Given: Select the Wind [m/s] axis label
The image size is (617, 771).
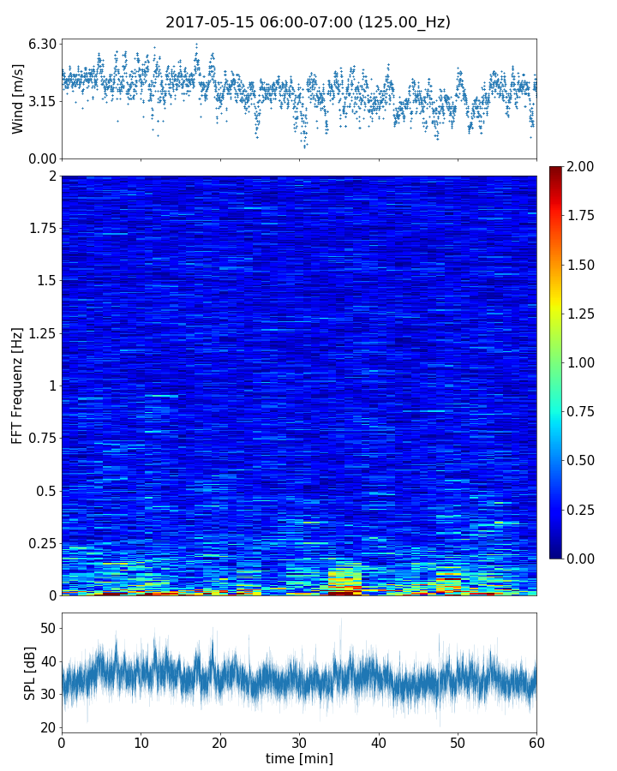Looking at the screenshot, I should pyautogui.click(x=18, y=99).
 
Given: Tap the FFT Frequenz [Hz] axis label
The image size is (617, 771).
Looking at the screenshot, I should pyautogui.click(x=18, y=385).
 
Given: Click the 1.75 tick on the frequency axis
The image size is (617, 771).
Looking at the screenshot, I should pyautogui.click(x=41, y=229).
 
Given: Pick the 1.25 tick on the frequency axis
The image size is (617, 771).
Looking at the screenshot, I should pyautogui.click(x=41, y=333).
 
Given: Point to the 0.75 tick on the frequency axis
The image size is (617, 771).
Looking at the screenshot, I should pyautogui.click(x=41, y=439).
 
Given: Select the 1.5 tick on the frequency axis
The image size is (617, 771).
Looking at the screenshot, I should pyautogui.click(x=45, y=281).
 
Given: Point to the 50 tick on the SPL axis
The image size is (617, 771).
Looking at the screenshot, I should pyautogui.click(x=47, y=628).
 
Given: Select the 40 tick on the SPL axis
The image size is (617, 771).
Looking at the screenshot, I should pyautogui.click(x=47, y=661).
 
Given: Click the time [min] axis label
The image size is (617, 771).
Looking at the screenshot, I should pyautogui.click(x=299, y=758).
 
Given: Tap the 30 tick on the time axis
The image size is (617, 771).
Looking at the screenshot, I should pyautogui.click(x=299, y=742).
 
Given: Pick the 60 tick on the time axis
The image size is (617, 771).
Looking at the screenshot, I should pyautogui.click(x=536, y=742).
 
